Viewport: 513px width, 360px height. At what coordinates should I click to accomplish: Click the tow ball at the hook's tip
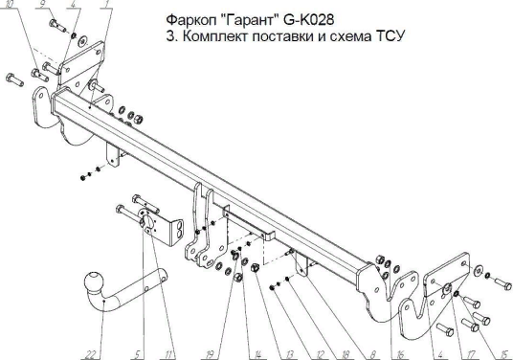[x=94, y=281]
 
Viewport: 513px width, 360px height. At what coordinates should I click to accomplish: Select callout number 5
[x=137, y=354]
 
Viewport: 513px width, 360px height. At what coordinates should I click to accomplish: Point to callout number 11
[x=168, y=354]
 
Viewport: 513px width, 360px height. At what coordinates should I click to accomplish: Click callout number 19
[x=210, y=354]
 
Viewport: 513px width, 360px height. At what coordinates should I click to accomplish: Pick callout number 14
[x=257, y=354]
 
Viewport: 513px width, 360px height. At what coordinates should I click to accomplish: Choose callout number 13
[x=289, y=354]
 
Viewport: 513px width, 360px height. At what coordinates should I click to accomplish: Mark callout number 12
[x=320, y=354]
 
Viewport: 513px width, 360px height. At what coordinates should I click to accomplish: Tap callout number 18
[x=346, y=354]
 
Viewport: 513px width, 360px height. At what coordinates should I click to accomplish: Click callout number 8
[x=373, y=354]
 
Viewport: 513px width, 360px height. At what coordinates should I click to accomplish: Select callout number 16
[x=400, y=354]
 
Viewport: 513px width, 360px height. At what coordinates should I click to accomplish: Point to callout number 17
[x=471, y=354]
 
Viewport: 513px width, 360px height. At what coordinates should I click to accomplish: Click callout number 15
[x=503, y=354]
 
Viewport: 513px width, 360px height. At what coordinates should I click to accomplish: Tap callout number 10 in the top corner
[x=11, y=4]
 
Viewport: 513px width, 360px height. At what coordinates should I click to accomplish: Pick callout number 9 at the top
[x=42, y=4]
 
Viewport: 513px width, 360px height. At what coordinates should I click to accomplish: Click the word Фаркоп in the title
[x=190, y=21]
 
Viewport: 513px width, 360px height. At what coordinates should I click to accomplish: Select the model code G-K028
[x=308, y=20]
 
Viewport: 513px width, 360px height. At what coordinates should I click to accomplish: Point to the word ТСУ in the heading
[x=390, y=36]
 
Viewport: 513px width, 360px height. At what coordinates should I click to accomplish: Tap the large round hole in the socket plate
[x=147, y=221]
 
